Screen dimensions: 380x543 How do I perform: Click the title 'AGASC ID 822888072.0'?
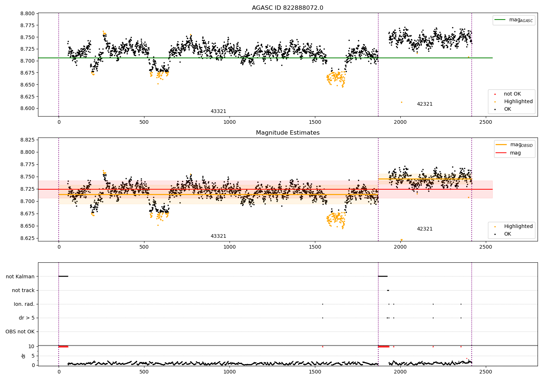coord(287,8)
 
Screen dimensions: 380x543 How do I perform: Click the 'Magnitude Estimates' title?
coord(287,133)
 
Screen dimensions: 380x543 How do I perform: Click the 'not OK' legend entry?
coord(512,94)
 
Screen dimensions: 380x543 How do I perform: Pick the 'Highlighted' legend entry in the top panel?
coord(518,102)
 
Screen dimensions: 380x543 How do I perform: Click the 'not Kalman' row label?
coord(20,276)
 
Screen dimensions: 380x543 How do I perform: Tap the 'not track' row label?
coord(23,290)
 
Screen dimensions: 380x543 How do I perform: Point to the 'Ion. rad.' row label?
coord(24,304)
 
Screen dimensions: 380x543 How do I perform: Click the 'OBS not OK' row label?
coord(20,332)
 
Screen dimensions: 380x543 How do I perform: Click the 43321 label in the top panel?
coord(218,111)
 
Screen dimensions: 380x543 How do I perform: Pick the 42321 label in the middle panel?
coord(425,229)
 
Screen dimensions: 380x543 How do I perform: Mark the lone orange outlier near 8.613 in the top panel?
coord(401,102)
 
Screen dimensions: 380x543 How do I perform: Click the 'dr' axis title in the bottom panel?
coord(24,356)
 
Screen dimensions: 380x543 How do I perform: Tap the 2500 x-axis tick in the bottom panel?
coord(485,372)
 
